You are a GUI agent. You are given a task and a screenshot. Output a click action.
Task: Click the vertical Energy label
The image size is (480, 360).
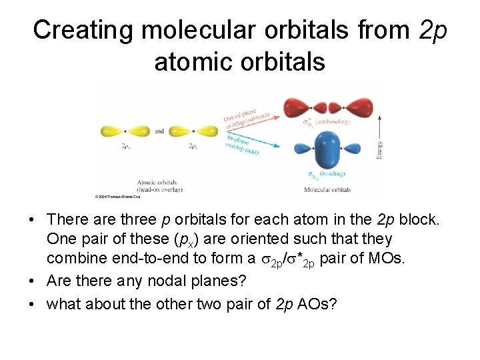click(x=379, y=145)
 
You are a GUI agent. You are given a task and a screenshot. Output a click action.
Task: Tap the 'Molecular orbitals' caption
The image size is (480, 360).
click(x=327, y=190)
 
